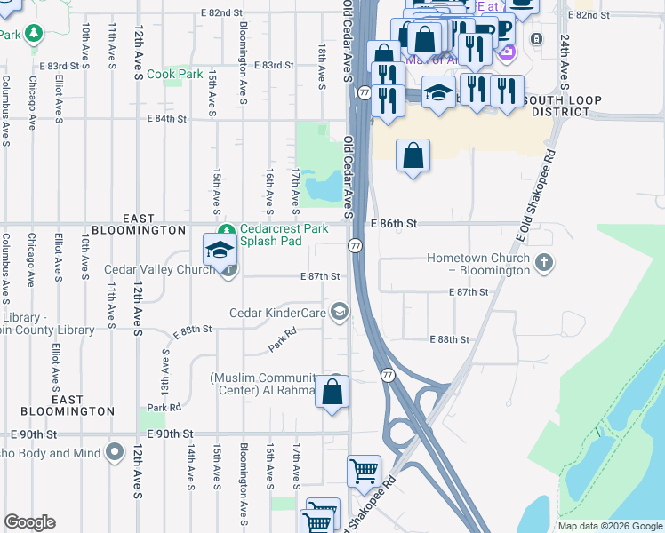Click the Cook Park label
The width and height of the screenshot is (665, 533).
(174, 75)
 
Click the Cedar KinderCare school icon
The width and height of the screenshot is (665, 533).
(339, 311)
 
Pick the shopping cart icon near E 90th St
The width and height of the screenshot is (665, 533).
(364, 470)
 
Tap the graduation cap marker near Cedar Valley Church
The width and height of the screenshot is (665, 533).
(220, 251)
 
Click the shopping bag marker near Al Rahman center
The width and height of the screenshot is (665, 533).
(332, 392)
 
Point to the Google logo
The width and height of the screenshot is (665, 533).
(29, 522)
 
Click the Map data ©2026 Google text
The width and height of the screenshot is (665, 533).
(610, 526)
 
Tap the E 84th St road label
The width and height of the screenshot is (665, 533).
(167, 118)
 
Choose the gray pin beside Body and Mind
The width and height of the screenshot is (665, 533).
(114, 453)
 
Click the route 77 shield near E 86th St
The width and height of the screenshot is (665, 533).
(355, 245)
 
